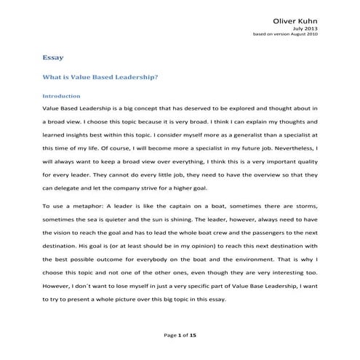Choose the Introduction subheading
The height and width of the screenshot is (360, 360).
[x=62, y=95]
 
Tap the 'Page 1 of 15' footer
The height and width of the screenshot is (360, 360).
[x=180, y=333]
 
